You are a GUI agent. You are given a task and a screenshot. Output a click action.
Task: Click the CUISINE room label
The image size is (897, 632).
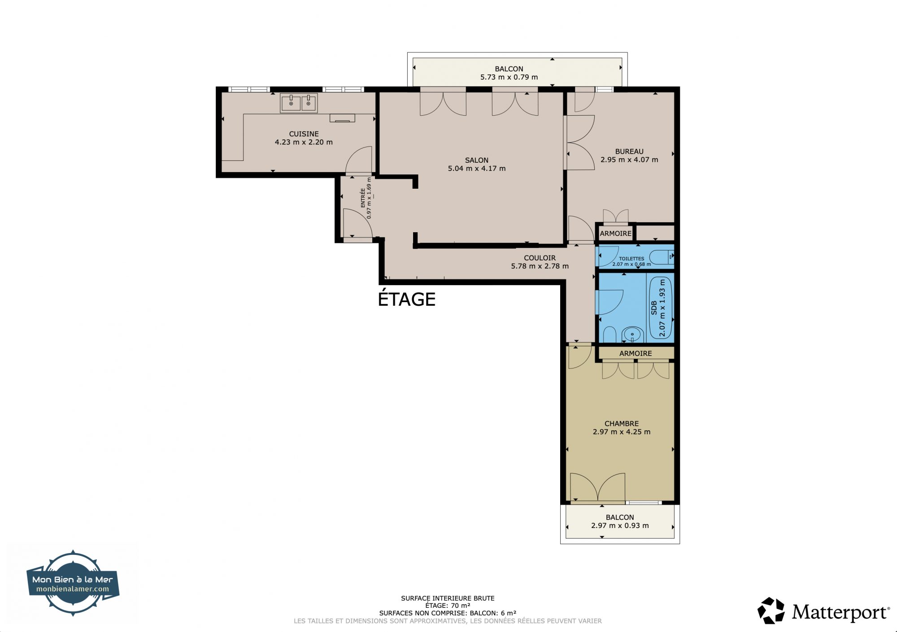pos(304,134)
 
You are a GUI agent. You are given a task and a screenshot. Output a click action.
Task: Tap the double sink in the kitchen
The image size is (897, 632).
pos(299,103)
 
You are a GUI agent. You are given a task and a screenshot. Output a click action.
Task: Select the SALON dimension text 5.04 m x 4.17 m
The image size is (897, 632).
pos(477,169)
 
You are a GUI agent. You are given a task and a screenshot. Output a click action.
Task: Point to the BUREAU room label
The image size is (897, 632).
pos(629,152)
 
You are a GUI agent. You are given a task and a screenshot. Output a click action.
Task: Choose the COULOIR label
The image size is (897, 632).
pos(540,258)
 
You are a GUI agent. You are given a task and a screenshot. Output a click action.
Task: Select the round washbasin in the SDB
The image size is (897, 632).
pos(632,334)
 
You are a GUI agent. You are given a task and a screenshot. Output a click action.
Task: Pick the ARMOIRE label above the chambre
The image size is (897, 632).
pos(636,353)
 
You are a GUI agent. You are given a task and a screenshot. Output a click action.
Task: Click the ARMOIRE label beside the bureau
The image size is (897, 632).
pos(616,234)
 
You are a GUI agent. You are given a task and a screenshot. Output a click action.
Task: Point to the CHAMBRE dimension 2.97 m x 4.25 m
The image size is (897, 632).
pos(622,432)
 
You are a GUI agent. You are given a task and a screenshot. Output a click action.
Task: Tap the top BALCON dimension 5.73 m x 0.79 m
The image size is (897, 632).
pos(509,77)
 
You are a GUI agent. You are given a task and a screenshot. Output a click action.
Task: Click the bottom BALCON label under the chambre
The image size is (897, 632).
pos(620,517)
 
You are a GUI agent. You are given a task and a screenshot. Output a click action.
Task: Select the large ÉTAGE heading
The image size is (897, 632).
pos(407,299)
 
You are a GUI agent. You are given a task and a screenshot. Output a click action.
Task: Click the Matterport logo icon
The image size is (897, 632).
pos(771,610)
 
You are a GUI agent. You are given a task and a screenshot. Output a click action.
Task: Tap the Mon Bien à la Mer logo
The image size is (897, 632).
pos(73,583)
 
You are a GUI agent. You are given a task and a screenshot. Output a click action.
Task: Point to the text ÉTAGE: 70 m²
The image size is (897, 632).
pos(448,606)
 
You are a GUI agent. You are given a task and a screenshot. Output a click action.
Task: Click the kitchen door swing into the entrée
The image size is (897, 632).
pos(359,160)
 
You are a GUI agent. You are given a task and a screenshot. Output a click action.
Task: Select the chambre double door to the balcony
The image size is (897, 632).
pos(598,487)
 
